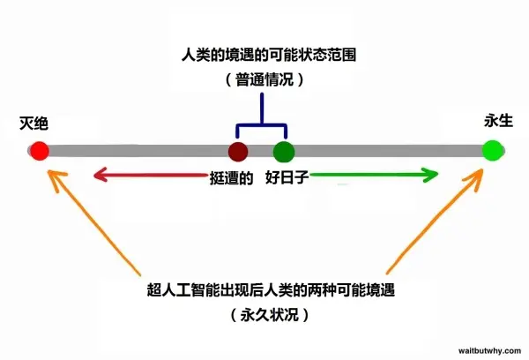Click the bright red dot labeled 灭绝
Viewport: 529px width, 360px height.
40,151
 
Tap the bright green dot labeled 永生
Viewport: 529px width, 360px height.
492,151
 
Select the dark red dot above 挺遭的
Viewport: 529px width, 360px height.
238,151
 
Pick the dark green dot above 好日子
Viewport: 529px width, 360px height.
284,152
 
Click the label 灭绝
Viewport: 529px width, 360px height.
34,124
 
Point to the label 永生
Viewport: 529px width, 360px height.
498,121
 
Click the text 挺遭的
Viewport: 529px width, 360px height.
231,177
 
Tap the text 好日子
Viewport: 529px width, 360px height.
287,177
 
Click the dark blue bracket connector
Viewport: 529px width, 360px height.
262,125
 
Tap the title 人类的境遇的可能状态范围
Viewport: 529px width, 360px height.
269,55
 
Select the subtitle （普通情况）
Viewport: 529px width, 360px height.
264,79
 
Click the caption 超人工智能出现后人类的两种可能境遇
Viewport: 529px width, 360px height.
271,289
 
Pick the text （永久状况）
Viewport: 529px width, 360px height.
270,315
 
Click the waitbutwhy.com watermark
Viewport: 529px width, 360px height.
489,351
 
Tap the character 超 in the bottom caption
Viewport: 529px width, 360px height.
154,289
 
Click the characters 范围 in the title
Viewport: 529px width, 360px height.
342,55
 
